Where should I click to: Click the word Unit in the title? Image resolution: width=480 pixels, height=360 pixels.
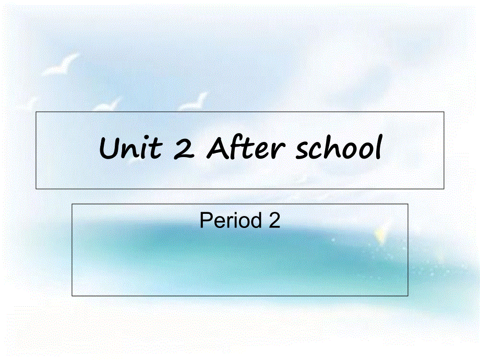pyautogui.click(x=130, y=149)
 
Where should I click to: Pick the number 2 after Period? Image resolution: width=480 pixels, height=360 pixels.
pyautogui.click(x=274, y=221)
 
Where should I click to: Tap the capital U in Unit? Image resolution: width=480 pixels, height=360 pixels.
pyautogui.click(x=109, y=149)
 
